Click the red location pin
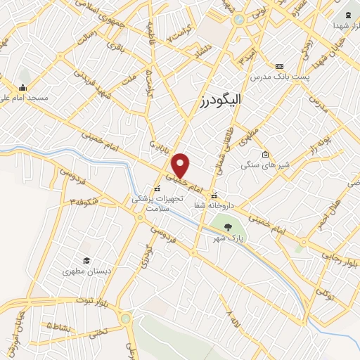pos(181,165)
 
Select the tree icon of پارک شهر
pos(228,226)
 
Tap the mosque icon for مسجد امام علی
pos(23,88)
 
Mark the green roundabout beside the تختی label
pos(125,319)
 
